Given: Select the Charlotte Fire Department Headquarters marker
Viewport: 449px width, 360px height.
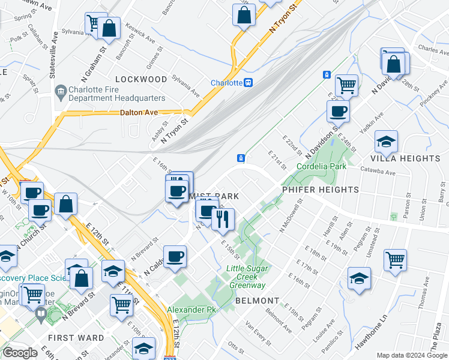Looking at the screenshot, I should tap(61, 92).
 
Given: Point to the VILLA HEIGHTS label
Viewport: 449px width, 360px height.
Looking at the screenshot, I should tap(405, 158).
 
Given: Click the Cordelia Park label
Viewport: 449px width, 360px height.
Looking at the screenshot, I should tap(321, 166).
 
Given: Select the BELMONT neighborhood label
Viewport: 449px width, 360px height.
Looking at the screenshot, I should tap(258, 300).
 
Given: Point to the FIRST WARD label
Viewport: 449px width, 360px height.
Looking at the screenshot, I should tap(76, 338).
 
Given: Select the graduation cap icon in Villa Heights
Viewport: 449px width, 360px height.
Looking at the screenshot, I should tap(386, 142).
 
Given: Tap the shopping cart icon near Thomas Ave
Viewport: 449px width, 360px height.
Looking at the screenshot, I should tap(395, 260).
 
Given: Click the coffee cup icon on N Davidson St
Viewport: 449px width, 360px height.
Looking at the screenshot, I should tap(338, 110).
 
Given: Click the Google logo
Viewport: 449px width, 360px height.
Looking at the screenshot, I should tap(20, 353).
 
